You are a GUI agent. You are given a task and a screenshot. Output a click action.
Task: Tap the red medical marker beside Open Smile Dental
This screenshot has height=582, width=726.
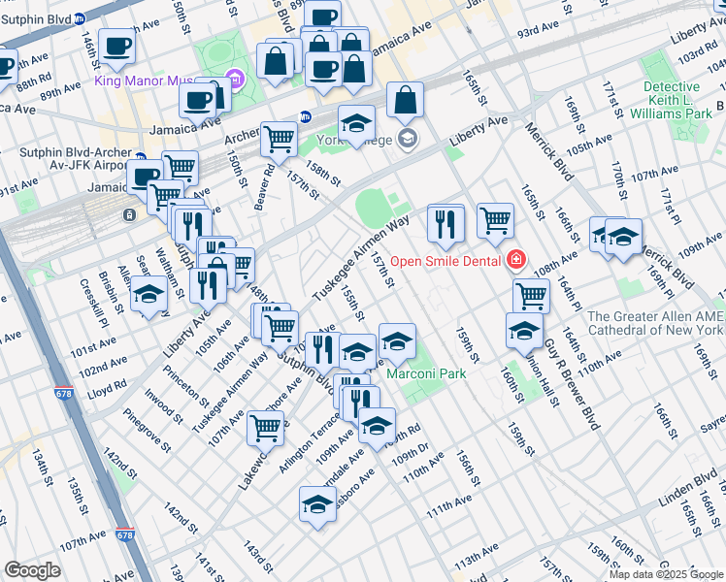tap(516, 259)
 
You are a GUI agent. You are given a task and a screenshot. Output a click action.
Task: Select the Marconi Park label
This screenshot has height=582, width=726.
tap(426, 373)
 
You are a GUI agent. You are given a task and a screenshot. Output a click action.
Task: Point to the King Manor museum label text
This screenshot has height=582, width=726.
tap(156, 80)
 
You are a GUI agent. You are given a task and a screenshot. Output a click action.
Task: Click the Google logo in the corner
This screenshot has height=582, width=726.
tap(32, 569)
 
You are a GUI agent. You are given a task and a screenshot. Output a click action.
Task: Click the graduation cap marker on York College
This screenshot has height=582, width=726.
tap(356, 122)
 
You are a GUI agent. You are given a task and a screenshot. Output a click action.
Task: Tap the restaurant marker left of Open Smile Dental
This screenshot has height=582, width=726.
tap(445, 222)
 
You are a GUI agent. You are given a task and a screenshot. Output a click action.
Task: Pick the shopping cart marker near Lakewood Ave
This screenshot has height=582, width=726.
tap(265, 426)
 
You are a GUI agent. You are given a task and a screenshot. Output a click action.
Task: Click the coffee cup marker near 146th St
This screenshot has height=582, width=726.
tap(116, 45)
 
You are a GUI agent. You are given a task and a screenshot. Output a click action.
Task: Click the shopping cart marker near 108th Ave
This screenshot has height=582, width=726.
tap(531, 295)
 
